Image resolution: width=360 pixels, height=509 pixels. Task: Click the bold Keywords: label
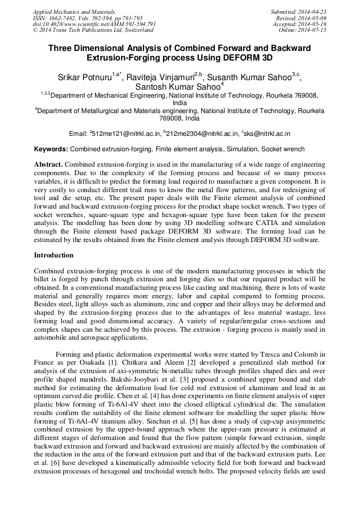[51, 150]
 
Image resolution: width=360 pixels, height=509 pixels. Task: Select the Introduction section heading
[54, 255]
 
